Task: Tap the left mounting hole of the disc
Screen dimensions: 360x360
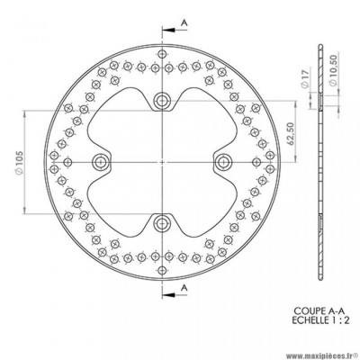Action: click(100, 161)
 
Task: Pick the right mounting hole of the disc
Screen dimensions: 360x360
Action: click(222, 161)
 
